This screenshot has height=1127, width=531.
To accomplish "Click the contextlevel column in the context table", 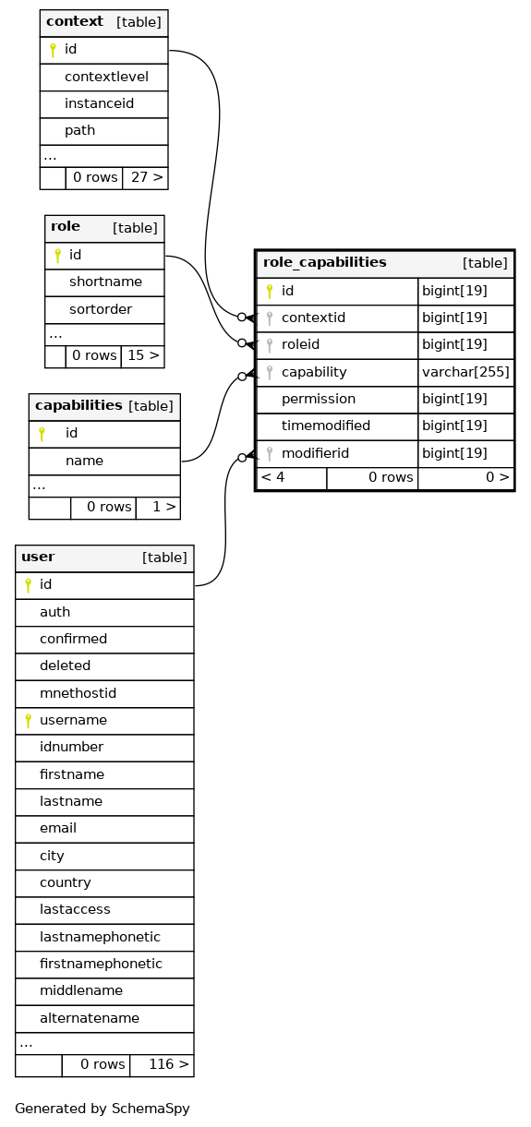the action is [x=106, y=77].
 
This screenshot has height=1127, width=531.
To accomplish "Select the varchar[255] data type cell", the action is [x=465, y=372].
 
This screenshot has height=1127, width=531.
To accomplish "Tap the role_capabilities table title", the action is [x=325, y=262].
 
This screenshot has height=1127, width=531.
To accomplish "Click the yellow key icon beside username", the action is [x=29, y=721].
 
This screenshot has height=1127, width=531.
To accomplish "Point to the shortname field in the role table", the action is [x=105, y=282].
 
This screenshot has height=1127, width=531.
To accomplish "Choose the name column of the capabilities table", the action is [x=84, y=461].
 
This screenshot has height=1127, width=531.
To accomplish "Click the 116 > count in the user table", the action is [x=169, y=1063].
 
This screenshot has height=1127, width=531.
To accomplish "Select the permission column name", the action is [x=318, y=399].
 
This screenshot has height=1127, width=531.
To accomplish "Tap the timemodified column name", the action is [x=326, y=426].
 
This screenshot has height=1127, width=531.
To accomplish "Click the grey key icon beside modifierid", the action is [x=270, y=454].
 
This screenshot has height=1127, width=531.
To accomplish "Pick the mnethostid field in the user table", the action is [x=78, y=693].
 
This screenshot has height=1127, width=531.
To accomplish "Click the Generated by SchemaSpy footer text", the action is [x=103, y=1108].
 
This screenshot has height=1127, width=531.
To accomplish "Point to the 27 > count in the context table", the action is [x=147, y=177].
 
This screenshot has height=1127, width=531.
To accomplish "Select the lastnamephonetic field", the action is [x=100, y=936].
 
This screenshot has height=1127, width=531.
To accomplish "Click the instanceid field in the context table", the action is [x=99, y=103].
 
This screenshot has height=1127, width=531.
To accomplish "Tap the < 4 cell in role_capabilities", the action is [x=272, y=477].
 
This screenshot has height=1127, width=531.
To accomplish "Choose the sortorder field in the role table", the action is [x=101, y=309].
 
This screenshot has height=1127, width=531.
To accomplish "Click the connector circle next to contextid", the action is [x=242, y=317].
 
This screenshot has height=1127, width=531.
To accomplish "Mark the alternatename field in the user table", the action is [x=90, y=1018].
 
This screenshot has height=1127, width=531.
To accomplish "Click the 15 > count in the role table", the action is [x=143, y=355].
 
